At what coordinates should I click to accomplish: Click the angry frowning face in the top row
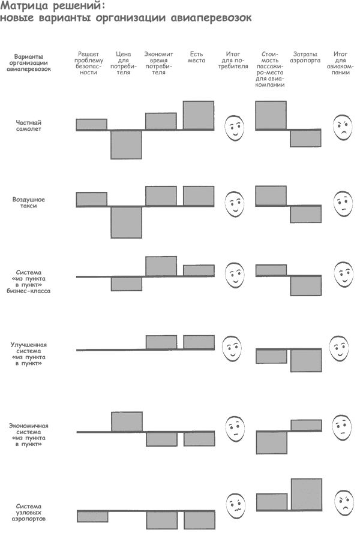[x=343, y=128]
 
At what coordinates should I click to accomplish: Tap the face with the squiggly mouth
[x=236, y=506]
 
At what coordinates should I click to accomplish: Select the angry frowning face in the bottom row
[x=344, y=503]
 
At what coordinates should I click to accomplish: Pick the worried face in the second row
[x=343, y=204]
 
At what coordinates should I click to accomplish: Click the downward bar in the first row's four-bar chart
[x=126, y=144]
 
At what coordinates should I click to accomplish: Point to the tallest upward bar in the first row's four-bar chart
[x=199, y=115]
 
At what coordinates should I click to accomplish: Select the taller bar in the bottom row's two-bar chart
[x=307, y=495]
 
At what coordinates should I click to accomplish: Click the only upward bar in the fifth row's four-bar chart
[x=127, y=421]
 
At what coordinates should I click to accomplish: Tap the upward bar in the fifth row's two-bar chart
[x=306, y=425]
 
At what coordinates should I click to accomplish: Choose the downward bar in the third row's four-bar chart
[x=126, y=284]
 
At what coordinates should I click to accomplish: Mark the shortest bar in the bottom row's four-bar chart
[x=92, y=516]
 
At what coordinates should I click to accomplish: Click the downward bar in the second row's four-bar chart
[x=126, y=222]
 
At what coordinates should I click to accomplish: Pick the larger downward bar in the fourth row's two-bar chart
[x=306, y=360]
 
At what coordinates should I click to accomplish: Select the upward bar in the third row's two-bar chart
[x=271, y=270]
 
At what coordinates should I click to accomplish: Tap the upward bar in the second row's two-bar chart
[x=271, y=196]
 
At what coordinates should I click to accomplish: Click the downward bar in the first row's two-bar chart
[x=305, y=138]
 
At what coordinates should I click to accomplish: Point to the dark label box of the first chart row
[x=44, y=125]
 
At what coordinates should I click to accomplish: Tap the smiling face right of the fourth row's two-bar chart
[x=339, y=348]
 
